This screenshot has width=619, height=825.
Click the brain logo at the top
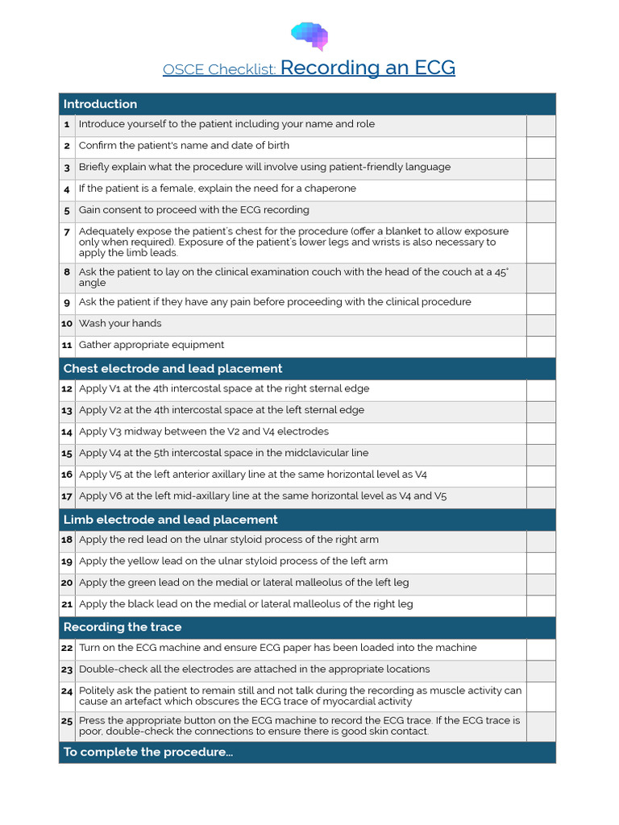click(x=309, y=35)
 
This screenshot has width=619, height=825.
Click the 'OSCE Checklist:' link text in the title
click(x=219, y=69)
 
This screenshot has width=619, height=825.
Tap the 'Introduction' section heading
click(x=100, y=104)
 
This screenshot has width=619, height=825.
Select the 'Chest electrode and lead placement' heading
click(x=172, y=368)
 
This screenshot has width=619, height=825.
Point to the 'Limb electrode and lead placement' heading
click(x=170, y=520)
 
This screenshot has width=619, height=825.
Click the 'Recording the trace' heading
click(x=122, y=627)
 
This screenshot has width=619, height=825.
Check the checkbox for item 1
click(x=541, y=125)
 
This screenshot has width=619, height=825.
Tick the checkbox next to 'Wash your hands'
click(x=541, y=324)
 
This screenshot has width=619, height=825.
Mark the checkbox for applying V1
click(x=541, y=389)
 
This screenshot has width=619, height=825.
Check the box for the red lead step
click(x=541, y=541)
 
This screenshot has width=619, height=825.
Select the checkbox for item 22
click(x=541, y=649)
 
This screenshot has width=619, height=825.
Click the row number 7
click(x=67, y=232)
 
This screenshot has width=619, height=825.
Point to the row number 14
click(x=67, y=432)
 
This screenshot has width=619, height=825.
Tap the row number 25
click(x=67, y=721)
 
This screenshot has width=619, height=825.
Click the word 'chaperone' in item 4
click(x=329, y=189)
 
